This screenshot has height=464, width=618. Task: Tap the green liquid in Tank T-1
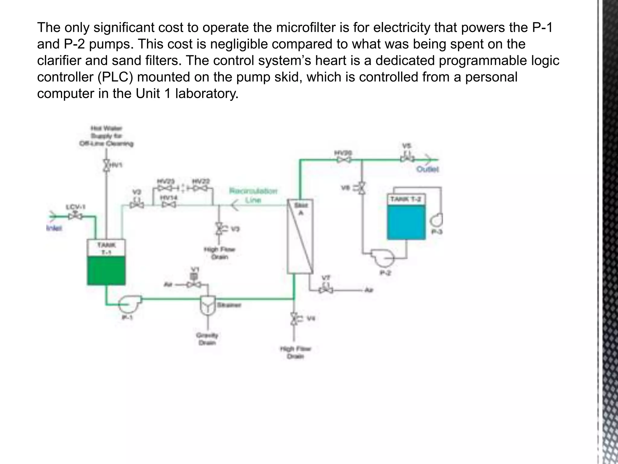coord(106,270)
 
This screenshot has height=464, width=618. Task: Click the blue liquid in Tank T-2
coord(406,223)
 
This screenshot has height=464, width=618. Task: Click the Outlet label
coord(427,169)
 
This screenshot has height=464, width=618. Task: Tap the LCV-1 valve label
coord(75,207)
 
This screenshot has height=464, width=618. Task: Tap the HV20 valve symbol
coord(344,160)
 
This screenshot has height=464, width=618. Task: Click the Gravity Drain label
coord(207,339)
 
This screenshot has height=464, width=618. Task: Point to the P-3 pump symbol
coord(438,221)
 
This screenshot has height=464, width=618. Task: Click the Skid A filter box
coord(300,237)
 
